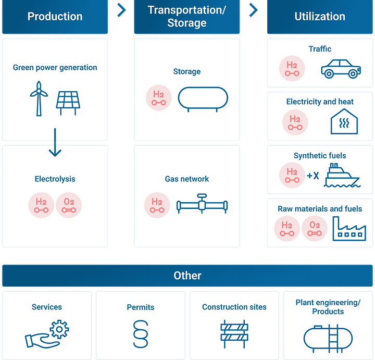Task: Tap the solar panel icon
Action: point(69,102)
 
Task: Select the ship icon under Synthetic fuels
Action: point(342,176)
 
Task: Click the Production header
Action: point(55,17)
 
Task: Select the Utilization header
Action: point(320,17)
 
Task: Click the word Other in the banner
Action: point(187,276)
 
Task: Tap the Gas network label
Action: point(187,179)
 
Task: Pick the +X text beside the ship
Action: point(312,176)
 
